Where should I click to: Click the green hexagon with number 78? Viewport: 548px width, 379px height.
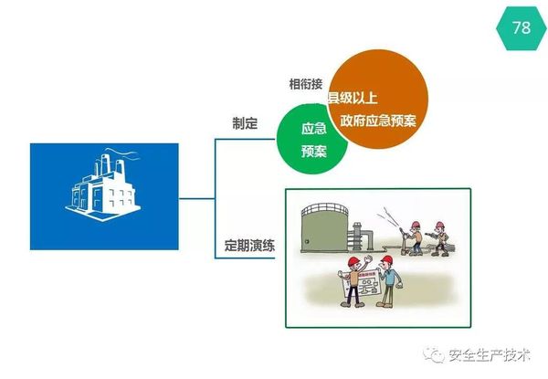tap(521, 27)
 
